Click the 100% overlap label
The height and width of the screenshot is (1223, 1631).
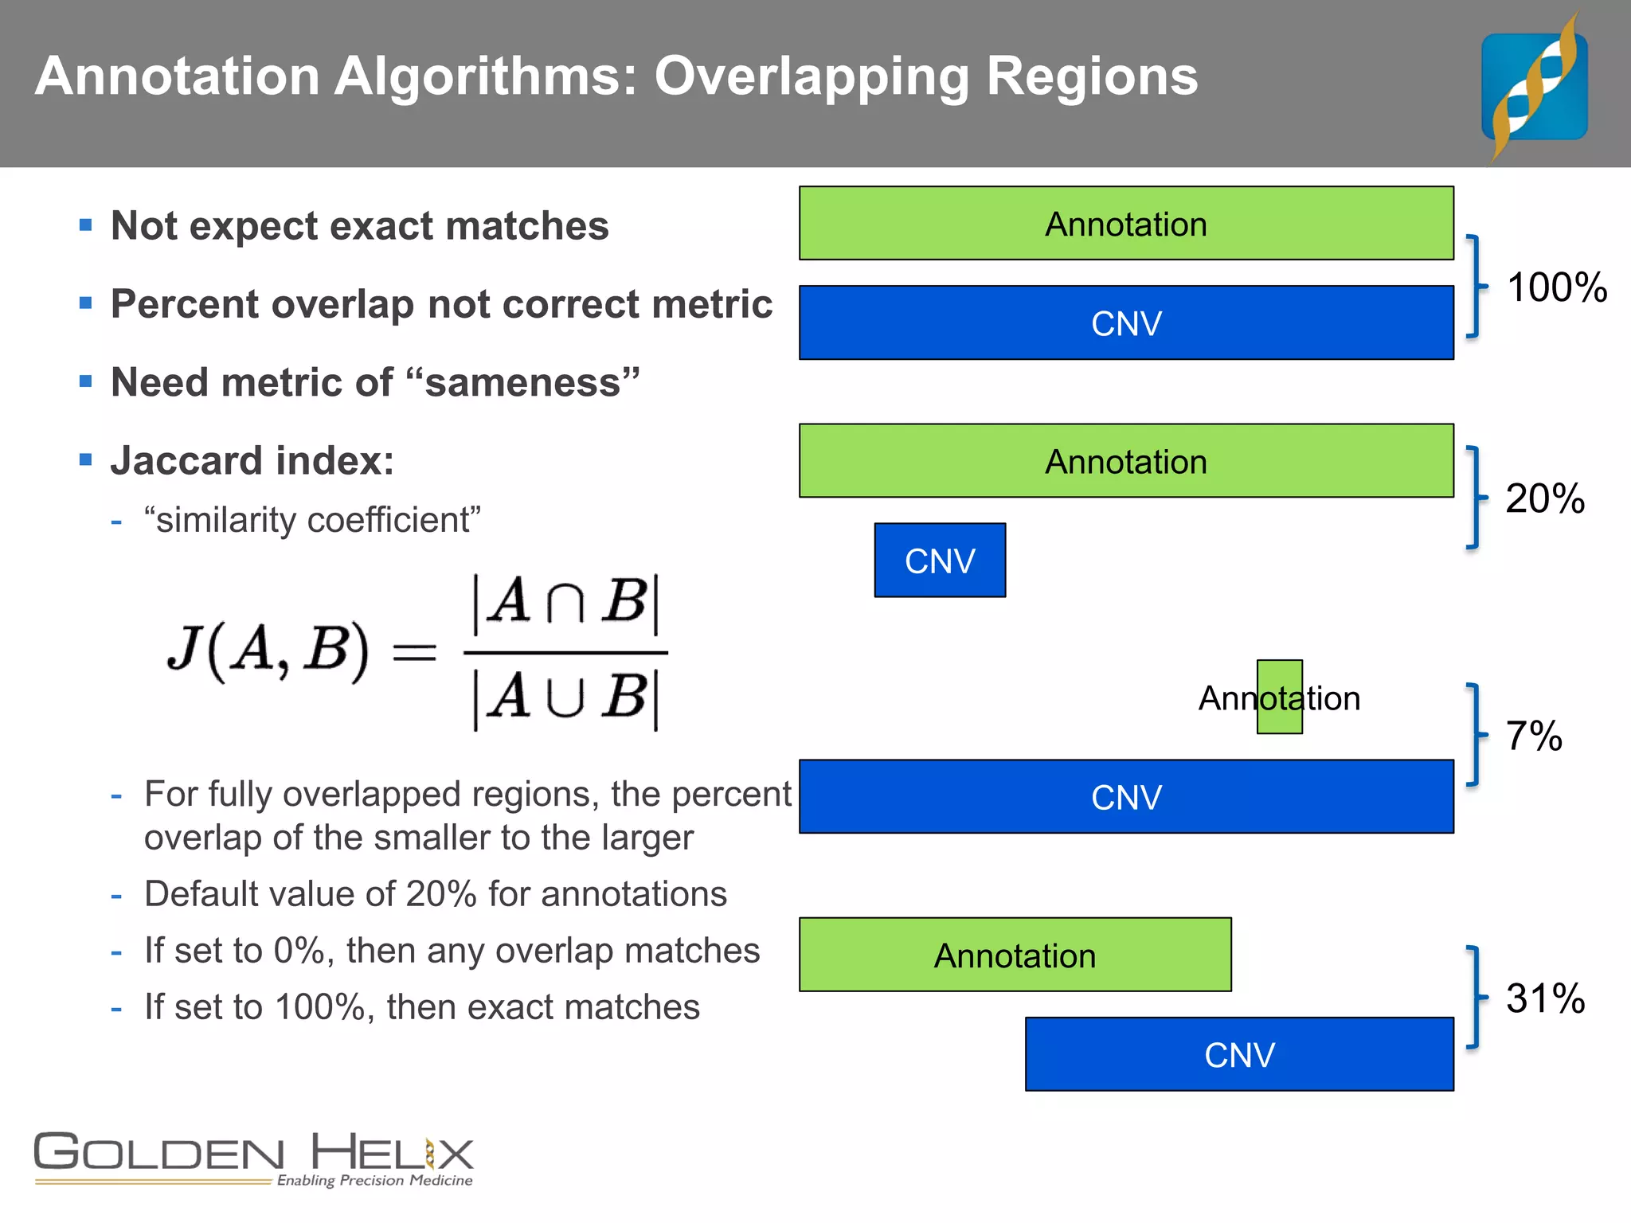tap(1556, 287)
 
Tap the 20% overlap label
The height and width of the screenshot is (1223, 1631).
tap(1544, 498)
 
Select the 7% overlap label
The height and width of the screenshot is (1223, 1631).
tap(1533, 736)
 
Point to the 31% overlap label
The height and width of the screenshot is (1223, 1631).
tap(1545, 998)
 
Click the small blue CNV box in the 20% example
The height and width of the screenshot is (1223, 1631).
tap(940, 561)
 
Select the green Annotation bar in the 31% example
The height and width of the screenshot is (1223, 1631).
tap(1015, 955)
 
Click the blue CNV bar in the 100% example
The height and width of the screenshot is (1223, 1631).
tap(1126, 323)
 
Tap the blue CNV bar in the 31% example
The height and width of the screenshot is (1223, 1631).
tap(1239, 1054)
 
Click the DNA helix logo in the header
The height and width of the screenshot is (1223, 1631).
tap(1534, 86)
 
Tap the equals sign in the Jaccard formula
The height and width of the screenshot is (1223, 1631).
tap(415, 654)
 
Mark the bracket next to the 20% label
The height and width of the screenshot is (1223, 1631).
tap(1474, 498)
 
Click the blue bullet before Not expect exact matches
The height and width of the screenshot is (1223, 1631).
tap(86, 225)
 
